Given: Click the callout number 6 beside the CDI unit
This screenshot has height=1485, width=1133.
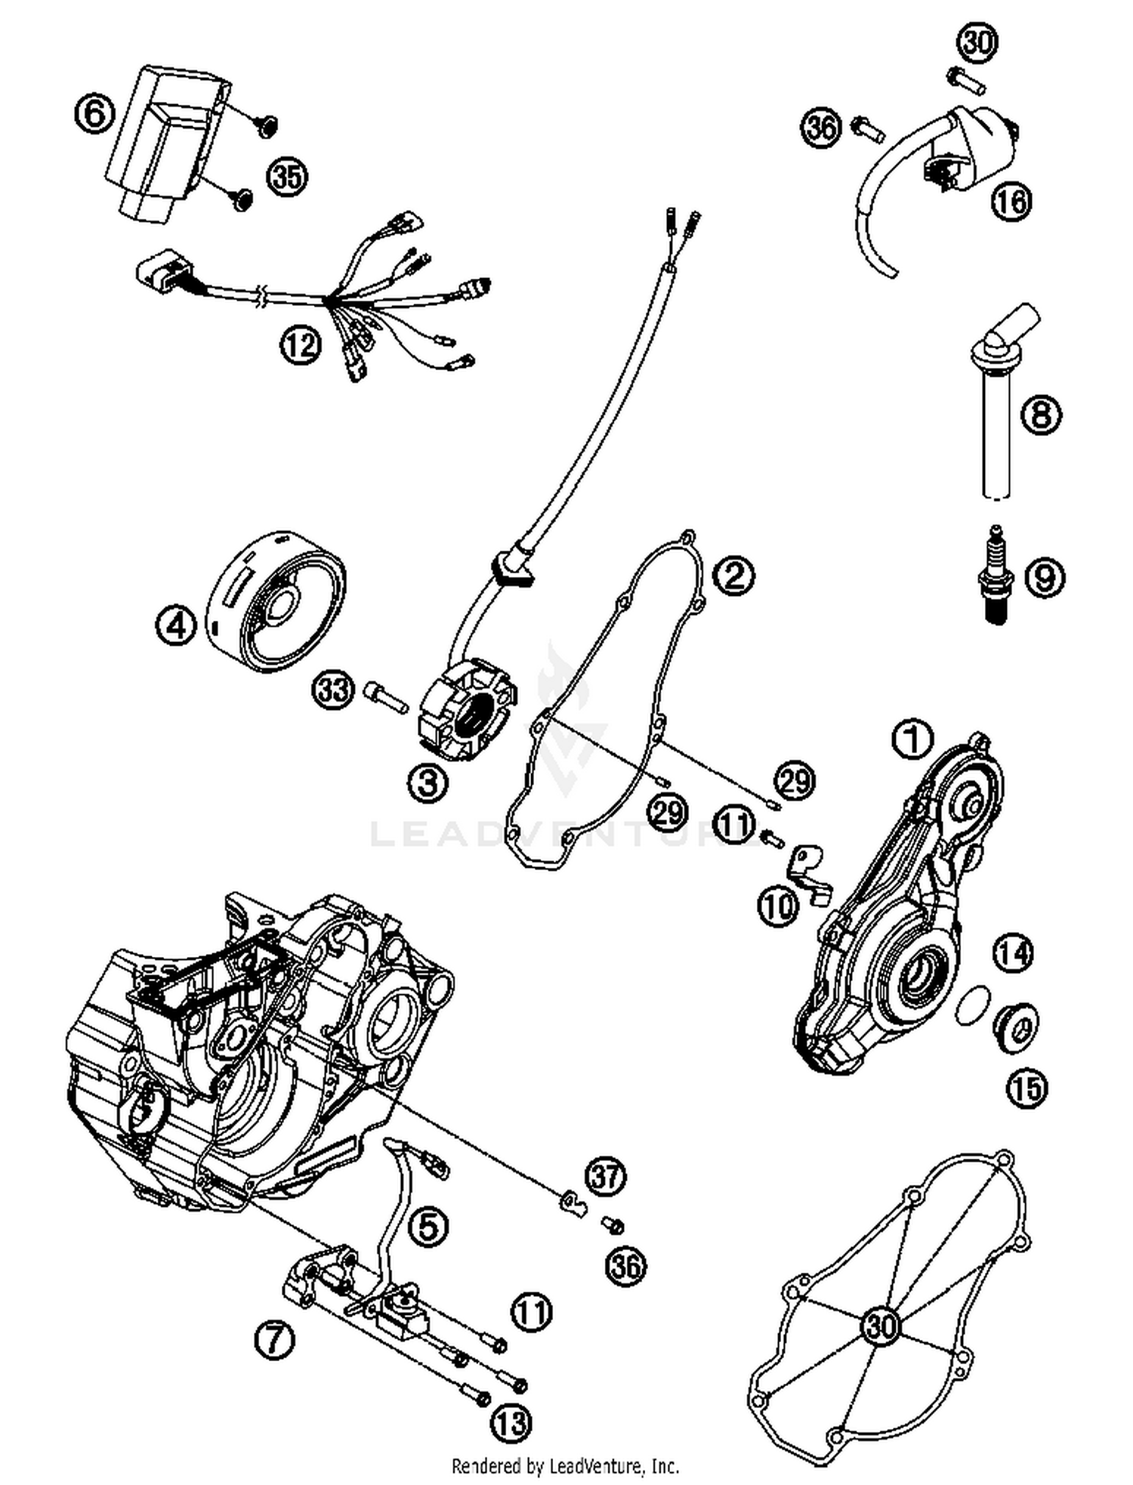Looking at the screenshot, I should [94, 116].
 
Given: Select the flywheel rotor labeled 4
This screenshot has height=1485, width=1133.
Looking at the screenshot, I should [276, 602].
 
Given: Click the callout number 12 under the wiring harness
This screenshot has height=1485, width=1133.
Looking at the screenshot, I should [301, 346].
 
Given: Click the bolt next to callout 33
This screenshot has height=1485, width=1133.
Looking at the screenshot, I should [384, 693].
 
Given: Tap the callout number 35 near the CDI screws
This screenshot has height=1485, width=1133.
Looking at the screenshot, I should [287, 178].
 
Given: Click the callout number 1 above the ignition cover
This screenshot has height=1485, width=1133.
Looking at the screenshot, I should [912, 739].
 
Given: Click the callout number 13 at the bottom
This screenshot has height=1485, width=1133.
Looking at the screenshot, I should [511, 1424].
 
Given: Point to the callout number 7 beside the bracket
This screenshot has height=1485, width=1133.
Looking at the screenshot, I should [273, 1341].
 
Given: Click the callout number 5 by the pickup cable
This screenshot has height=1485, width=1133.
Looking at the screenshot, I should [428, 1227].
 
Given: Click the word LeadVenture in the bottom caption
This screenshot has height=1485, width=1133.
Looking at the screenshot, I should [600, 1466].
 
